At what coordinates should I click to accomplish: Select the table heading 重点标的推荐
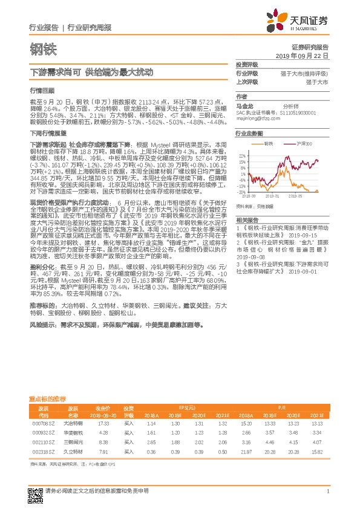pos(47,399)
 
